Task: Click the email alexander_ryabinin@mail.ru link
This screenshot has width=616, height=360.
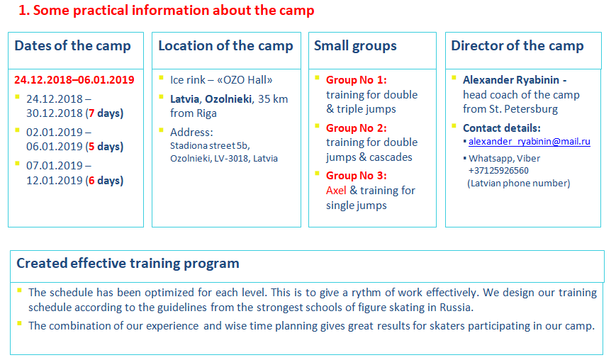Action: tap(530, 141)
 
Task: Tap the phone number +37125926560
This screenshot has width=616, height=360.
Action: tap(498, 170)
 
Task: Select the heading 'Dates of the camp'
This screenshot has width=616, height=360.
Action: tap(73, 46)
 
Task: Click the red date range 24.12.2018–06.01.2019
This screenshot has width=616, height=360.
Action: tap(74, 80)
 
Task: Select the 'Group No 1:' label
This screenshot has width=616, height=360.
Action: tap(357, 80)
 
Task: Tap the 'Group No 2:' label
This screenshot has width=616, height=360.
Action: tap(357, 128)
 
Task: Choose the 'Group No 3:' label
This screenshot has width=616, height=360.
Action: tap(357, 176)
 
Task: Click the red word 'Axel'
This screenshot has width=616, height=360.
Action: tap(336, 191)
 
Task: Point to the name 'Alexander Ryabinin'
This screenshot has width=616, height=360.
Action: tap(511, 80)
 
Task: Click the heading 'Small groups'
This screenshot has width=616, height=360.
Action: tap(355, 46)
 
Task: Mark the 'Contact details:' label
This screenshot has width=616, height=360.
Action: tap(502, 128)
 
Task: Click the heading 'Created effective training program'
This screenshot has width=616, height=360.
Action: tap(128, 264)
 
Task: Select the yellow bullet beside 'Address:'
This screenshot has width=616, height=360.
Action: tap(161, 130)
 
